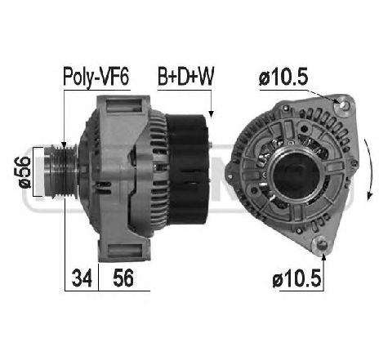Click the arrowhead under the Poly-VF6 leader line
65,140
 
